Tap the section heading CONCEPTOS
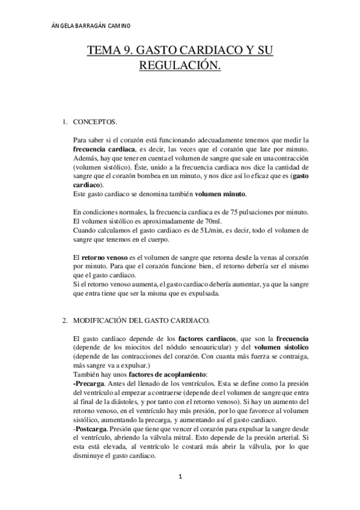94,122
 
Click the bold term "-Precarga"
87,383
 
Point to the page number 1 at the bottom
179,478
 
